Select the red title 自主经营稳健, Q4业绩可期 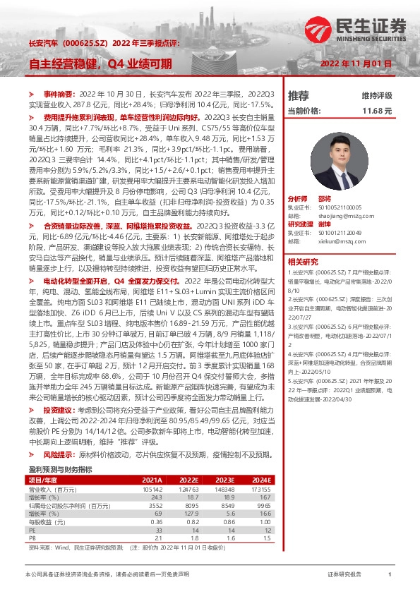pyautogui.click(x=100, y=64)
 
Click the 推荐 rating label pyautogui.click(x=299, y=95)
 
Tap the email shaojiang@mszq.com pyautogui.click(x=348, y=219)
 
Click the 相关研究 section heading pyautogui.click(x=302, y=262)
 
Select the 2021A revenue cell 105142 pyautogui.click(x=152, y=488)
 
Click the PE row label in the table pyautogui.click(x=32, y=528)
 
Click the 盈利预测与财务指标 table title pyautogui.click(x=60, y=468)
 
